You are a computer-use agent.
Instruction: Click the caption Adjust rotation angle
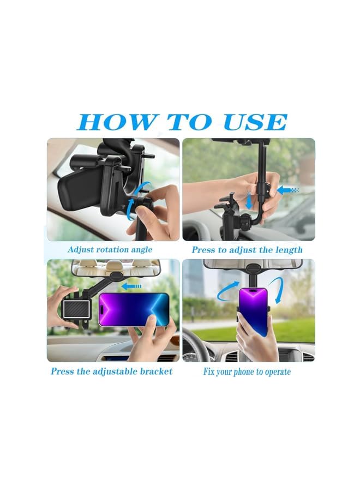click(x=110, y=249)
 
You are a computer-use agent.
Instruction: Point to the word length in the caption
click(x=288, y=249)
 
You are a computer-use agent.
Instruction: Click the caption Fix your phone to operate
click(x=247, y=372)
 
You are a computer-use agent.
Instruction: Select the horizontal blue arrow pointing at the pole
click(x=288, y=190)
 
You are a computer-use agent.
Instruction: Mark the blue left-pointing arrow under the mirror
click(x=131, y=285)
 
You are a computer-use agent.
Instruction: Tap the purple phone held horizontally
click(x=134, y=309)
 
